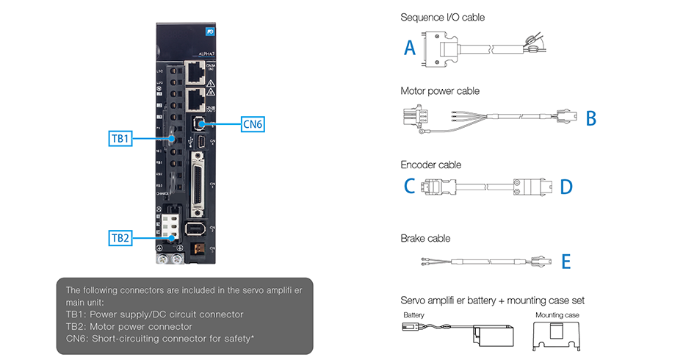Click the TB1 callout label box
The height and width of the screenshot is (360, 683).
coord(120,138)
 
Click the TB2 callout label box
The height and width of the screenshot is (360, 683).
coord(120,237)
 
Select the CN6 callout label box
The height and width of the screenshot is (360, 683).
coord(252,124)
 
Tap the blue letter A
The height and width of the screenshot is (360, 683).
coord(410,48)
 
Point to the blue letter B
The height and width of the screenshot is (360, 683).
coord(590,118)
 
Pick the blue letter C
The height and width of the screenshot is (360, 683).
coord(410,187)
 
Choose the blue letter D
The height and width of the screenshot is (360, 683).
coord(565,187)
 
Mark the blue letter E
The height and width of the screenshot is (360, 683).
coord(565,262)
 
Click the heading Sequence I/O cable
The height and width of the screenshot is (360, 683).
coord(442,17)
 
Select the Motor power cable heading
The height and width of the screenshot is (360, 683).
coord(440,91)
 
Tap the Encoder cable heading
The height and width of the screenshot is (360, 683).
coord(430,165)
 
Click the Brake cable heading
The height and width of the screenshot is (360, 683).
coord(425,238)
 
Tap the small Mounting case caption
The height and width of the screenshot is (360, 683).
coord(557,314)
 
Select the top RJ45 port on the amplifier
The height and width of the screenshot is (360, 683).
coord(196,72)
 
